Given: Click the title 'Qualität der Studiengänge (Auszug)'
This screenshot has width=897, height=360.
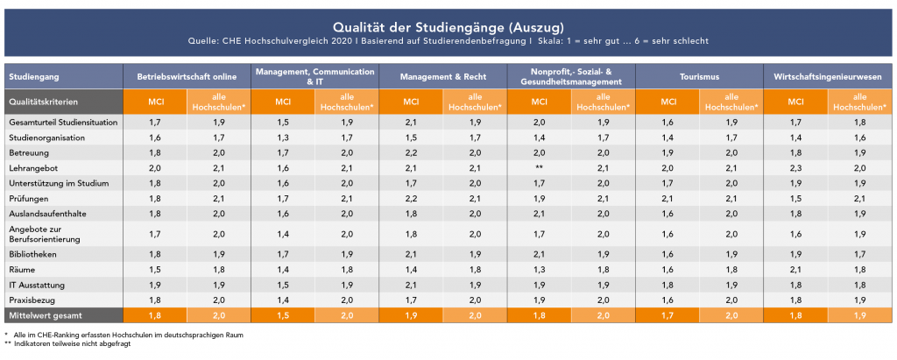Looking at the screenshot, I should point(448,26).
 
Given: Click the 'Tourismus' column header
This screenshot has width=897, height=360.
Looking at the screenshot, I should point(698,76).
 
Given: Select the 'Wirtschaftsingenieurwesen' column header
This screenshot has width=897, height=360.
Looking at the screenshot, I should point(828,76).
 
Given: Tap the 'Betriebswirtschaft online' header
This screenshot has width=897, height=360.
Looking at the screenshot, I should point(187,76).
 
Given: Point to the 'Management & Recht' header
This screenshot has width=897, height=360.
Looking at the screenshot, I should point(443,76).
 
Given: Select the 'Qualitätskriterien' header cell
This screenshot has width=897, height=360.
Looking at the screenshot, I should point(40,102).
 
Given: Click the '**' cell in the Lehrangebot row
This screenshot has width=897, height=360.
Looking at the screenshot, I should point(539,166).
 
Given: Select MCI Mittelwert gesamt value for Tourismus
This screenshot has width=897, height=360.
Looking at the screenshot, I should point(667,314).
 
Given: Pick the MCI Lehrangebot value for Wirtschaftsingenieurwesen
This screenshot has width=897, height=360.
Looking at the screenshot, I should point(795,166).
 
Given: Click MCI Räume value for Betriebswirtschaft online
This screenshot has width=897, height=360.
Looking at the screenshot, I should point(155,270).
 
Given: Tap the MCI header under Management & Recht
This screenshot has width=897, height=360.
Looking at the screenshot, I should point(411,102).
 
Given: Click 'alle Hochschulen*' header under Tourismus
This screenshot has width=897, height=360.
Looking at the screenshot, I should point(731,102).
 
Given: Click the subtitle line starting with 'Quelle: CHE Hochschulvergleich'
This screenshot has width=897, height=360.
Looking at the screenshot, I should point(448,41).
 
